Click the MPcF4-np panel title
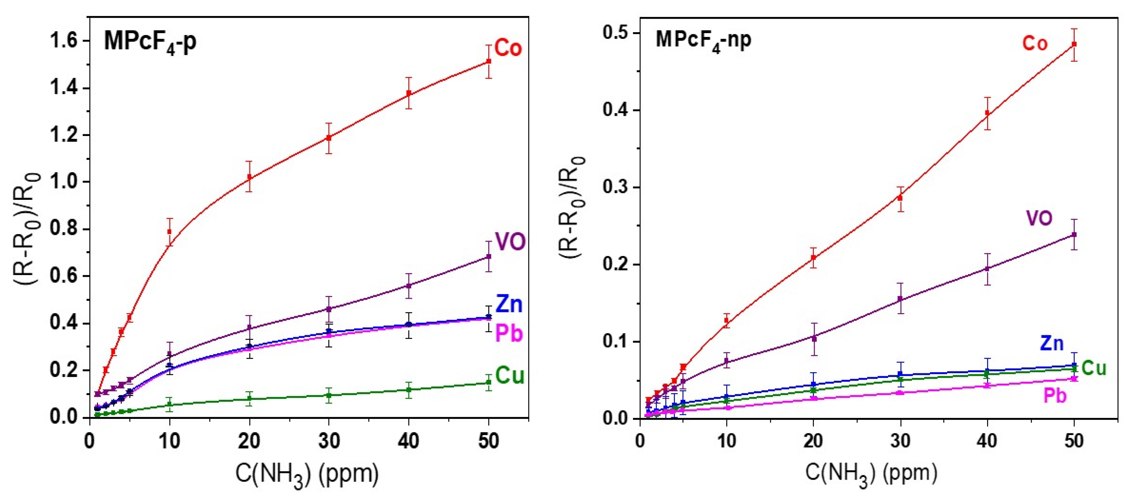point(703,41)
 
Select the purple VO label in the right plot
point(1039,218)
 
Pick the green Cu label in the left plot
point(510,376)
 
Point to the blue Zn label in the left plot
point(509,304)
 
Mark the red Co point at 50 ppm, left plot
point(489,61)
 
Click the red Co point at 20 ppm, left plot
point(249,177)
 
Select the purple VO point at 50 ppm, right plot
point(1074,235)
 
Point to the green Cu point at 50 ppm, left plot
point(489,382)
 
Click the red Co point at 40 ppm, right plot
point(987,113)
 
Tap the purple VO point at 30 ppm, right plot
point(900,299)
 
